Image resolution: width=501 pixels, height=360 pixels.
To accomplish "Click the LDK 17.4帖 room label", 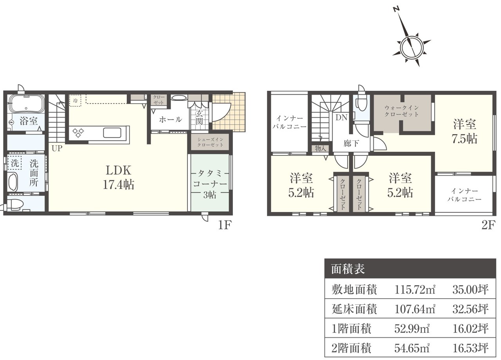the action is [x=118, y=178].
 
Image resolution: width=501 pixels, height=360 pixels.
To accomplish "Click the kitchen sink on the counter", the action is [x=112, y=133].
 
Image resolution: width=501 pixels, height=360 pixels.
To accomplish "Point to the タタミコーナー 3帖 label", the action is [x=210, y=184].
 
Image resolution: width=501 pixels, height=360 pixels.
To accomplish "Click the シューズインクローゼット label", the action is [x=210, y=142].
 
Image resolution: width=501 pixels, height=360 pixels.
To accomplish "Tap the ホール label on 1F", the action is [x=170, y=120].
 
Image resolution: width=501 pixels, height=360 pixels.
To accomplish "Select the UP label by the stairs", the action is [x=57, y=148].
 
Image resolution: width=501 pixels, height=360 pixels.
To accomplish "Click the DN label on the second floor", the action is [x=341, y=118].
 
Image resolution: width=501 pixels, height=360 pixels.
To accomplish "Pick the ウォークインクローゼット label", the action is [x=402, y=111].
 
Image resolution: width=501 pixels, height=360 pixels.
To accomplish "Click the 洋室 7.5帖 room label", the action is [x=465, y=131].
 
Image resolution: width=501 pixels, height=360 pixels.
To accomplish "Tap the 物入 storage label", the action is [x=321, y=148].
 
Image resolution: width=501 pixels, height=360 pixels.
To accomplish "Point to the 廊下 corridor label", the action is [x=351, y=143].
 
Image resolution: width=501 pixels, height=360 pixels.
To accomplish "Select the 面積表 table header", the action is [x=348, y=269].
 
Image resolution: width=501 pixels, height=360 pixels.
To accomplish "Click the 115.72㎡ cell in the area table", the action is [x=415, y=290].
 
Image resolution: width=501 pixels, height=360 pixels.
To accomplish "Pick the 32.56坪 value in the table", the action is [x=470, y=309].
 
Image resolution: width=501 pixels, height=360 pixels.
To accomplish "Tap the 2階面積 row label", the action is [x=351, y=348].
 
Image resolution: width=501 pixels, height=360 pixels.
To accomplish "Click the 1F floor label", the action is [x=224, y=225].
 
